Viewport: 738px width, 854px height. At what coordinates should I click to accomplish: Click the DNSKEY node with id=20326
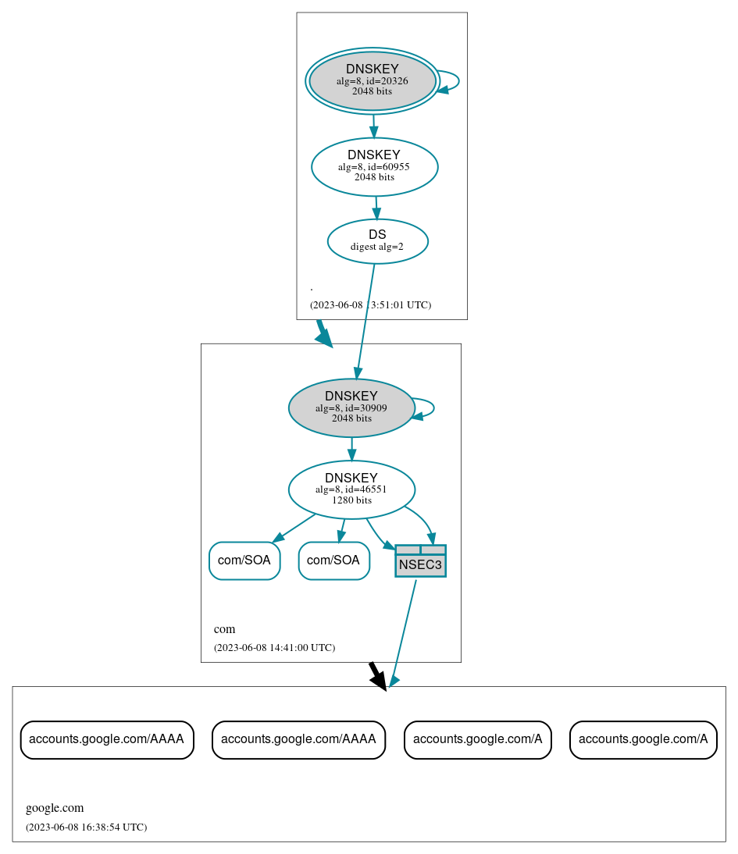point(372,80)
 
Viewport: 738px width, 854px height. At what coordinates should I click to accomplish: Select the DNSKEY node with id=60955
point(374,166)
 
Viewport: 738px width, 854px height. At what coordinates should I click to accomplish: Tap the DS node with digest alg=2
point(377,241)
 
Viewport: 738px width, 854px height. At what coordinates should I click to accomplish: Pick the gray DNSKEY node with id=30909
point(351,407)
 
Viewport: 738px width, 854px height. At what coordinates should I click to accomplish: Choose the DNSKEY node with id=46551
point(351,489)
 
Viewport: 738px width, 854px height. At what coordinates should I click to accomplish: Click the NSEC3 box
point(420,561)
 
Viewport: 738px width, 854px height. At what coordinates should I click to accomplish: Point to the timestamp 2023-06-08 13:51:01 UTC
point(370,304)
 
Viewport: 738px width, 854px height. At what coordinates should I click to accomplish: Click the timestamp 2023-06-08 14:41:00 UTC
point(274,647)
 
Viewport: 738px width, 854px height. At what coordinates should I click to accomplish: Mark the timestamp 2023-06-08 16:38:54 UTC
point(86,827)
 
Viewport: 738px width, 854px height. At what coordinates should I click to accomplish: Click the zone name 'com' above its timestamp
point(224,629)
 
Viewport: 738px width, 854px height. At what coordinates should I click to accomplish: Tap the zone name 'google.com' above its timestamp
point(55,808)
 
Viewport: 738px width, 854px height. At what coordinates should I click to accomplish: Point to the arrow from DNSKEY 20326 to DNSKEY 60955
point(373,125)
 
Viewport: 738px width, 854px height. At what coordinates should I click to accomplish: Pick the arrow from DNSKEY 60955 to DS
point(376,207)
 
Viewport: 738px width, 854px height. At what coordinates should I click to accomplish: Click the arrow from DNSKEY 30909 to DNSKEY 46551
point(351,449)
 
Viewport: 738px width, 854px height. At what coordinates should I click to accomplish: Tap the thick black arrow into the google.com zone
point(377,676)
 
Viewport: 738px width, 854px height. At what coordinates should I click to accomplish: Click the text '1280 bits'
point(351,500)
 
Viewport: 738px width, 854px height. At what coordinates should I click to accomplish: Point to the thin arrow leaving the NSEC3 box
point(403,632)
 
